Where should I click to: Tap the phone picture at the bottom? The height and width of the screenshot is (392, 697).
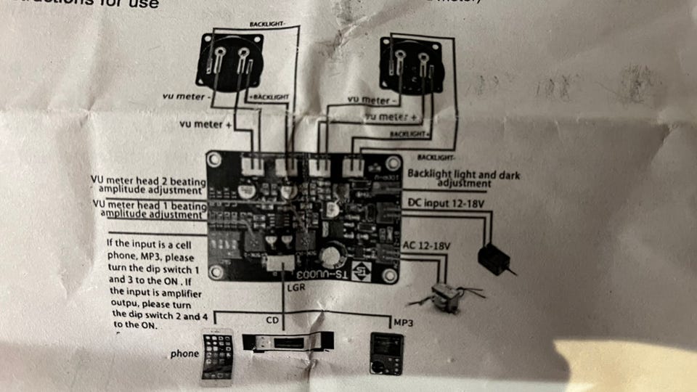coord(217,356)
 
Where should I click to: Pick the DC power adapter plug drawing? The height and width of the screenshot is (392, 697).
coord(492,258)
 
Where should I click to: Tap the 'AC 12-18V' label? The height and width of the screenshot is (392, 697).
coord(427,246)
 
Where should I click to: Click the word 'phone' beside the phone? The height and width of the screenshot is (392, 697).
coord(184,354)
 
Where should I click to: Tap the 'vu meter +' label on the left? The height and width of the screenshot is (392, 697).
coord(206,124)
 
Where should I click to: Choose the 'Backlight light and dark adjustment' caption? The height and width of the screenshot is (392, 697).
coord(463,179)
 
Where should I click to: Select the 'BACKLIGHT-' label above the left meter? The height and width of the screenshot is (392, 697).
coord(268,24)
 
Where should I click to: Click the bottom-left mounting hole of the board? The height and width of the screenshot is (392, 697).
coord(216,272)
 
